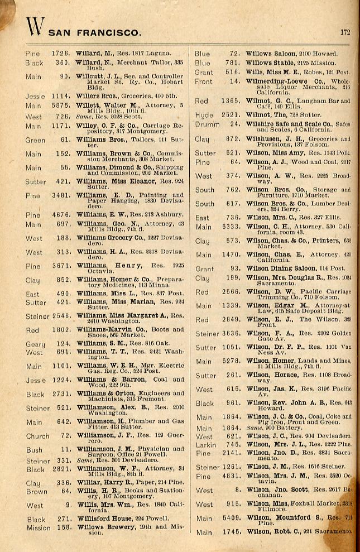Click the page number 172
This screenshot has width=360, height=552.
tap(345, 32)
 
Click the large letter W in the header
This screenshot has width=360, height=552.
tap(35, 27)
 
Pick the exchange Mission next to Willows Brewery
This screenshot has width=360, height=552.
tap(39, 527)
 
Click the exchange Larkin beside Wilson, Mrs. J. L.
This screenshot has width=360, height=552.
tap(205, 444)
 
